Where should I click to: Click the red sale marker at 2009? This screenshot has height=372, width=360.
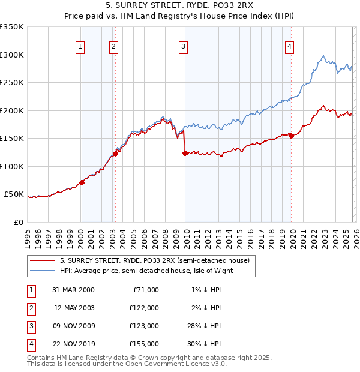[x=185, y=154]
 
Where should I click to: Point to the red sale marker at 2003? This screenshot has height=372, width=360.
[x=115, y=154]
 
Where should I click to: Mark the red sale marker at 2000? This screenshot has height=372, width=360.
[x=82, y=182]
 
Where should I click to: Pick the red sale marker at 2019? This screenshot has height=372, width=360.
[x=291, y=136]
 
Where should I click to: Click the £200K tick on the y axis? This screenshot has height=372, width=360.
[x=12, y=110]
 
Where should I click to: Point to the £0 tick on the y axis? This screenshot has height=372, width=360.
[x=19, y=222]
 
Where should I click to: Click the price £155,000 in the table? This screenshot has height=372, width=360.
[x=144, y=344]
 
